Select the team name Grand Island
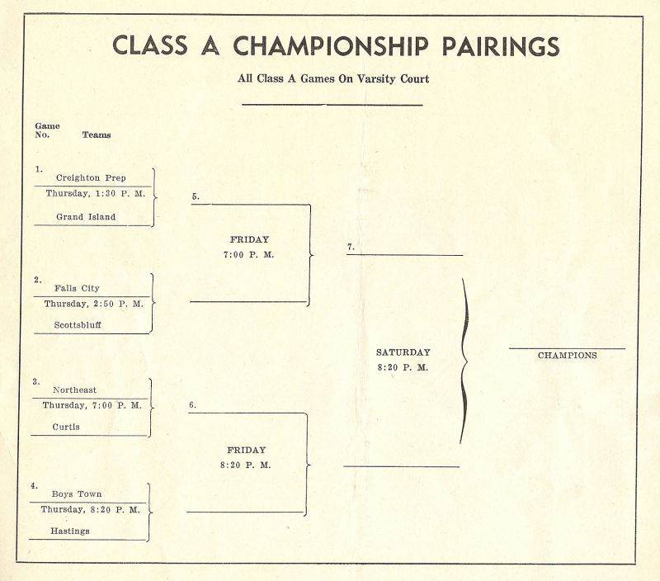point(86,217)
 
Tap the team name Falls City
point(78,288)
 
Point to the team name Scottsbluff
point(78,324)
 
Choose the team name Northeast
point(74,390)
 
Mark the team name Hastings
point(68,531)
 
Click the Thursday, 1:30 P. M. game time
point(95,193)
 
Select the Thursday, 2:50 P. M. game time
point(93,304)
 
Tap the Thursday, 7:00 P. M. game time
point(92,405)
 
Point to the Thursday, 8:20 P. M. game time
point(90,509)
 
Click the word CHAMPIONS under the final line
point(568,356)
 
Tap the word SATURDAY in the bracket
point(403,352)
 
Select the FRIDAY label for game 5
point(249,239)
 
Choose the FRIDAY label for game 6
point(247,450)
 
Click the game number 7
point(351,247)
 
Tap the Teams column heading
point(97,135)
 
